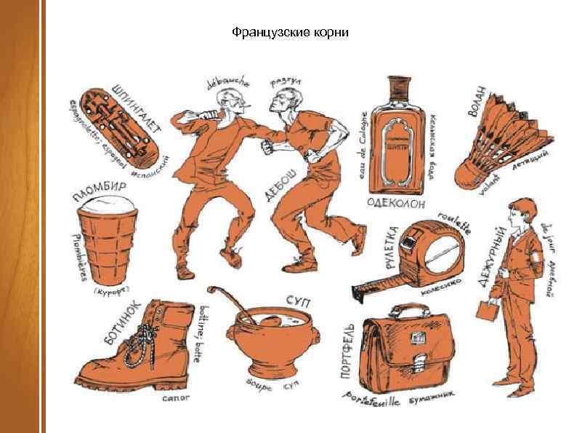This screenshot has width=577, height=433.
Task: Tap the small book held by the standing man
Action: point(485,309)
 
